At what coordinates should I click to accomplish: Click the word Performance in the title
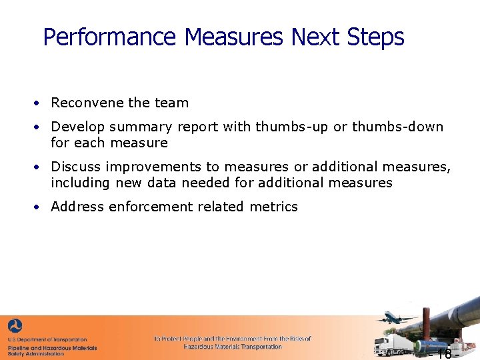click(x=109, y=37)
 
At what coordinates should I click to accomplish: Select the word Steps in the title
click(x=375, y=37)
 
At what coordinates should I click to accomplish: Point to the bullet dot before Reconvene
click(x=39, y=103)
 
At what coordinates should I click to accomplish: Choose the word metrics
click(x=273, y=207)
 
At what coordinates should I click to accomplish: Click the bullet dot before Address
click(x=39, y=207)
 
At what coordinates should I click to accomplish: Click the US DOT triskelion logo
click(x=15, y=326)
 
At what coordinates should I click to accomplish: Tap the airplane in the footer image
click(x=396, y=318)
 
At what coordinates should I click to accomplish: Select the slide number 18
click(x=443, y=353)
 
